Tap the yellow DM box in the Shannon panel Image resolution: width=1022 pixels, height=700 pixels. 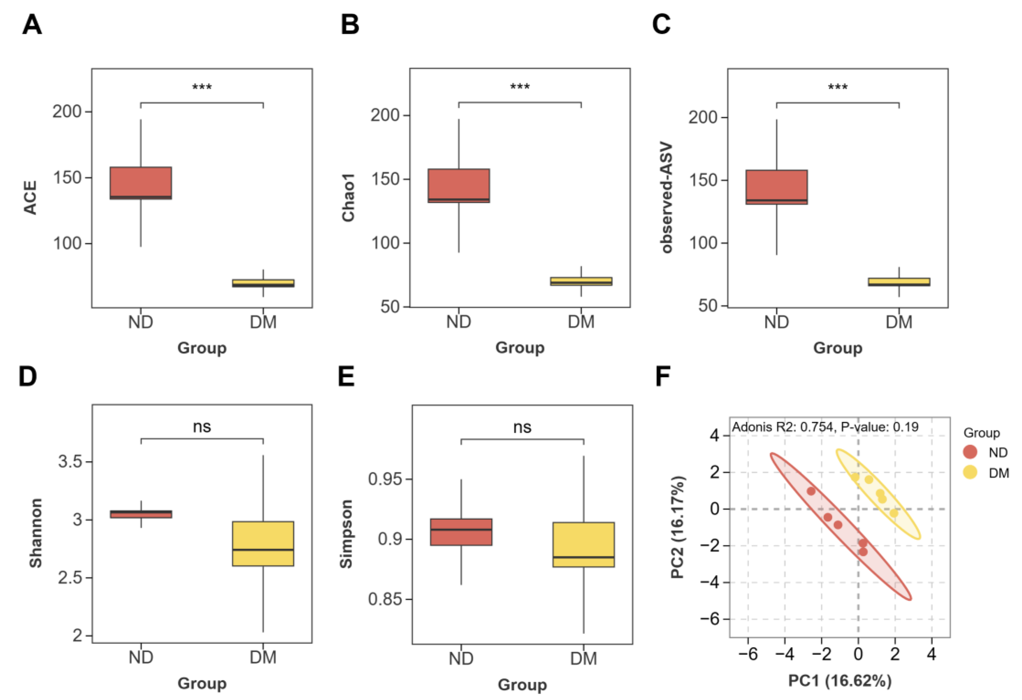click(263, 543)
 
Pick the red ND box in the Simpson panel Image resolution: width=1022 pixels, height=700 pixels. click(461, 532)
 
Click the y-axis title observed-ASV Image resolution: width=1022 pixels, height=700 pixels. click(667, 197)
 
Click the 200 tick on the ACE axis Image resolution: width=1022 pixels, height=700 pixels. click(67, 112)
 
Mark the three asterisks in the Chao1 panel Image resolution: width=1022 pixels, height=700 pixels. click(520, 87)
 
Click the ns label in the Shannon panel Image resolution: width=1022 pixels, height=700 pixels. click(202, 427)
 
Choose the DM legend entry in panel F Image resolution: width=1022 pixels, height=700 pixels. click(983, 473)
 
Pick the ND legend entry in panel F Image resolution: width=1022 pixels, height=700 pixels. click(983, 452)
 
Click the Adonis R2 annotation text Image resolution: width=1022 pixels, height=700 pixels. click(825, 427)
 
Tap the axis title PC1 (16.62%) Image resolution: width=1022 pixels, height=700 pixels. click(840, 681)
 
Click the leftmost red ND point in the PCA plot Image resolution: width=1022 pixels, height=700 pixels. click(811, 491)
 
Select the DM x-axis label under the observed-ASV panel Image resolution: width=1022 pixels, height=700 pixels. click(899, 322)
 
